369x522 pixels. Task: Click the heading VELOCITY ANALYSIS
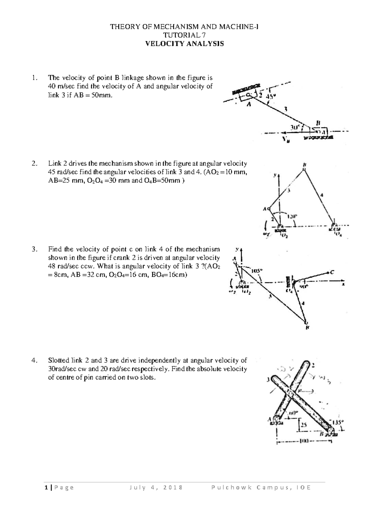coord(184,44)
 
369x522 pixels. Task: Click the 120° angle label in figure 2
coord(292,216)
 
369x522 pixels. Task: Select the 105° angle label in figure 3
coord(257,271)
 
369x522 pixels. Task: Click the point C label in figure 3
coord(332,272)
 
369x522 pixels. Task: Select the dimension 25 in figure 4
coord(304,425)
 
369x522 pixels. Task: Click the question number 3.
coord(34,249)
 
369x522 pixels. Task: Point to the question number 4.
coord(34,360)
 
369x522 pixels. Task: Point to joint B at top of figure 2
coord(304,168)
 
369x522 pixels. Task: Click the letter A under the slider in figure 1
coord(249,105)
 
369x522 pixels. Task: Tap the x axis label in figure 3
coord(343,285)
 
